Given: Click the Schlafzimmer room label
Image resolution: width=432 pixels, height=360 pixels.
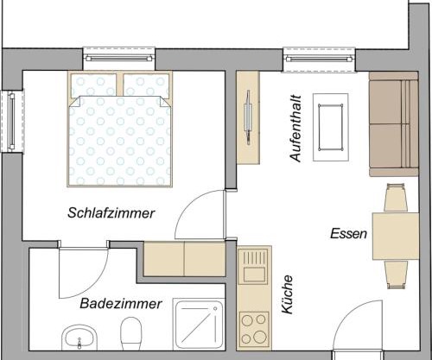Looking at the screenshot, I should [x=111, y=213].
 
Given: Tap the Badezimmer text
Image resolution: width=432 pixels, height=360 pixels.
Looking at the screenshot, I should [x=122, y=304].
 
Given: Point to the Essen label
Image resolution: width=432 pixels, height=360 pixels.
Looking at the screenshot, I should [x=349, y=234].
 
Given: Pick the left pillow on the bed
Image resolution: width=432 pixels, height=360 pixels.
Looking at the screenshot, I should [x=93, y=85].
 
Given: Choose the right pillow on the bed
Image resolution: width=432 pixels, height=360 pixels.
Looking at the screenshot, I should [x=145, y=85].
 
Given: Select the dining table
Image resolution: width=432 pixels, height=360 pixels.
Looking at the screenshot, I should [x=397, y=235].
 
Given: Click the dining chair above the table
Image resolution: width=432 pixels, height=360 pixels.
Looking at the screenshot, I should [x=397, y=198].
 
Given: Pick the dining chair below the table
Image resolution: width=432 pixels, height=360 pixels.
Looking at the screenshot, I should [x=397, y=274].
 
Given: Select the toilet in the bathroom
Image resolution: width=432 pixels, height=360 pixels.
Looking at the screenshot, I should [x=131, y=333].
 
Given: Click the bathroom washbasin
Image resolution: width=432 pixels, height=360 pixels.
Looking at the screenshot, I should [x=79, y=337].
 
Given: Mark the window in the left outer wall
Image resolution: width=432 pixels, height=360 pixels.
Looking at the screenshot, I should [x=12, y=120].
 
